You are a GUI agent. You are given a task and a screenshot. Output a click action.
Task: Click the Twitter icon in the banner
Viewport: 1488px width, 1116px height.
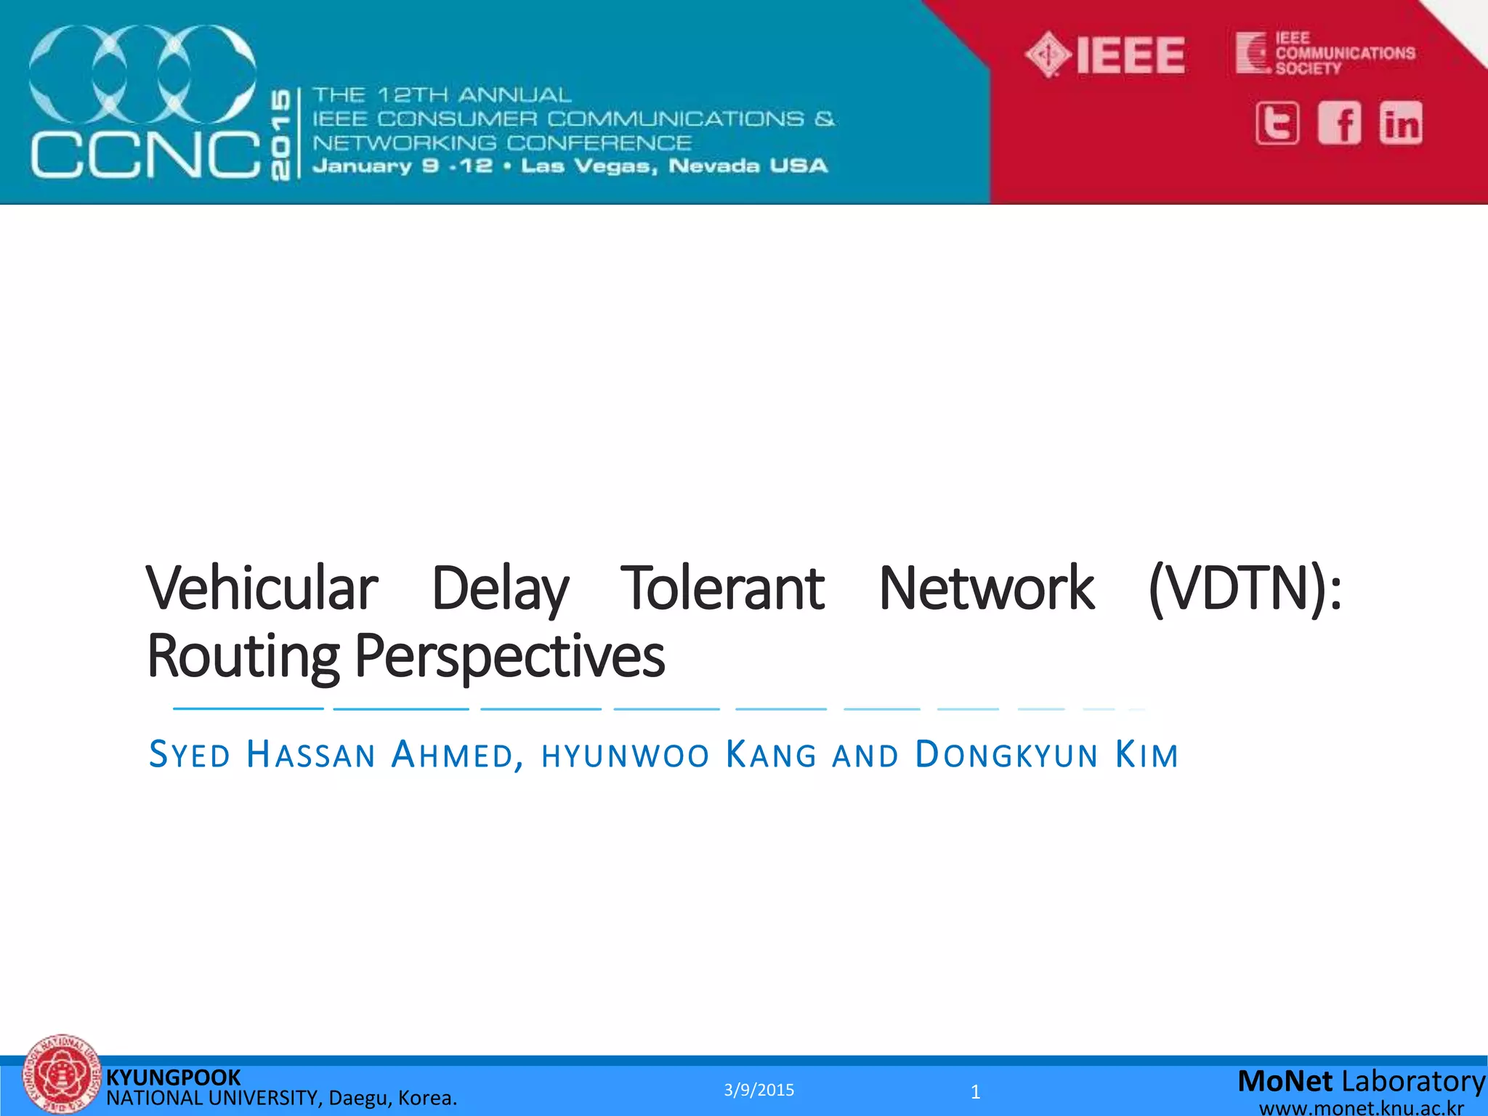tap(1277, 124)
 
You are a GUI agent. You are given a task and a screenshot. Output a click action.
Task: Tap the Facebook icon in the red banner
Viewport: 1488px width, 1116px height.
tap(1339, 124)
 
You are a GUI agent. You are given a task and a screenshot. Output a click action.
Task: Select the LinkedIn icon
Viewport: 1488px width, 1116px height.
tap(1401, 124)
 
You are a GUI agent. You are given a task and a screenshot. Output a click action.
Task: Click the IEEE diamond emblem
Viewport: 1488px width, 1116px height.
tap(1048, 54)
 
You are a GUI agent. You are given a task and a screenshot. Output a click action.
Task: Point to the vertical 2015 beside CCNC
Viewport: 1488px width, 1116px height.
tap(280, 134)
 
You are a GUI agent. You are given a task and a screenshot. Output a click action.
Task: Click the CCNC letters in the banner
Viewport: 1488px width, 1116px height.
tap(145, 154)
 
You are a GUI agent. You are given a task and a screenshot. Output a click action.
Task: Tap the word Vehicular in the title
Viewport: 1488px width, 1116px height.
tap(262, 588)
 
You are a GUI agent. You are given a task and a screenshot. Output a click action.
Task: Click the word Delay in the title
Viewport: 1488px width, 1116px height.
tap(500, 589)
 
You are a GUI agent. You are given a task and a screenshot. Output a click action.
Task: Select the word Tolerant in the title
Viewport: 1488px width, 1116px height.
tap(722, 588)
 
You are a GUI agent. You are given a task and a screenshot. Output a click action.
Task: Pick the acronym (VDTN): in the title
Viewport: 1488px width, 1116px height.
tap(1245, 589)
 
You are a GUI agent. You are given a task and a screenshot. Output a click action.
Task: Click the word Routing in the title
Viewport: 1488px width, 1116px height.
tap(243, 657)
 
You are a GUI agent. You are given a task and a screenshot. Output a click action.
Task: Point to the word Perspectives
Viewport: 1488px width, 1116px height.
tap(509, 657)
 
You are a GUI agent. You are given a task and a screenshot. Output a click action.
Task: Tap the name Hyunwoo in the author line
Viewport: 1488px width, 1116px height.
tap(625, 756)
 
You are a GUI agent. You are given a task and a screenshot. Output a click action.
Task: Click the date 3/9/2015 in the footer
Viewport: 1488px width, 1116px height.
tap(759, 1090)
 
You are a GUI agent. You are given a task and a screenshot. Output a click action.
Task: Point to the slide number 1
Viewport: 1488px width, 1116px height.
tap(975, 1091)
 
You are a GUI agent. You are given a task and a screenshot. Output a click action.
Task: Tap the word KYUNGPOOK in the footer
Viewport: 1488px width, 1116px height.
tap(173, 1077)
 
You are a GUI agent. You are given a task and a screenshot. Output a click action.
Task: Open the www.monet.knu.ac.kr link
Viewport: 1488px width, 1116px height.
tap(1361, 1108)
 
